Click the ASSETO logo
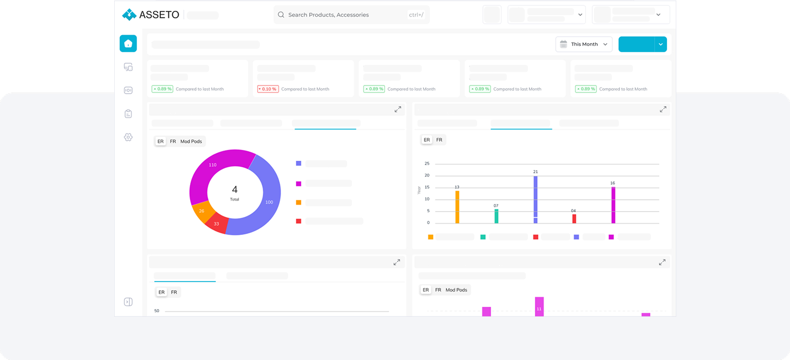pos(151,15)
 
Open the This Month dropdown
pos(584,44)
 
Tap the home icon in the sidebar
pos(128,44)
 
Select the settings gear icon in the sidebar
pos(128,137)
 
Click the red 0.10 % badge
pos(268,89)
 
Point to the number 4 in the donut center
pos(234,189)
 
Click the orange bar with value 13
pos(457,207)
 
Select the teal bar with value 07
pos(496,216)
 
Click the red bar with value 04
pos(574,218)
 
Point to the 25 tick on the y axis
pos(427,163)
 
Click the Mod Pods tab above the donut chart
pos(191,141)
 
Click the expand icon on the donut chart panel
pos(397,109)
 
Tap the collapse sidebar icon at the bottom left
pos(128,302)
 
